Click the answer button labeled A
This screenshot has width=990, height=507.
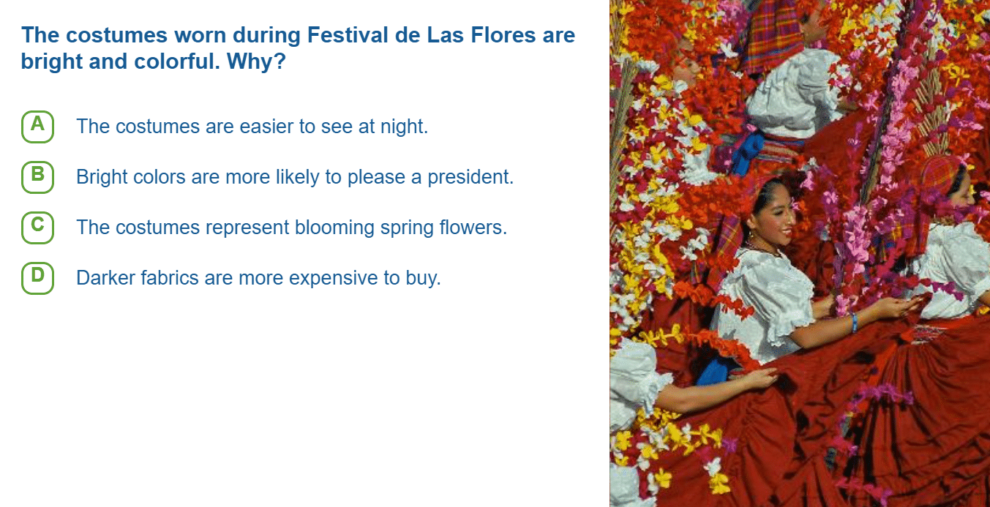click(37, 127)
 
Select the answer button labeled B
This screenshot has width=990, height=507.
click(37, 177)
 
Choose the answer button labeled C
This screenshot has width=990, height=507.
click(37, 228)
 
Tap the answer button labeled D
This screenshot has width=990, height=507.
click(37, 278)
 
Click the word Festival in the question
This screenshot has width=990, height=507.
click(348, 35)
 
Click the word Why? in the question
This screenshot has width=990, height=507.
click(256, 61)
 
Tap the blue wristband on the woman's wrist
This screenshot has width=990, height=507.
click(854, 322)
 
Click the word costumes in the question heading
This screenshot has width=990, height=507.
click(116, 35)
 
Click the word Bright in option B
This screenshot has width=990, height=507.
click(102, 177)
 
